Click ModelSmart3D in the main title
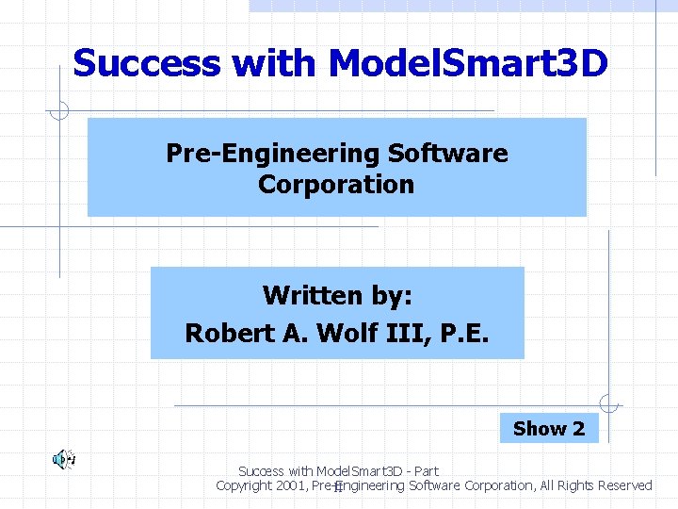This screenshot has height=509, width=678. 468,64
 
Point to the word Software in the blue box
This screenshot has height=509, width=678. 448,153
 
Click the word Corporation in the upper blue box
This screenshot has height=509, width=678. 336,184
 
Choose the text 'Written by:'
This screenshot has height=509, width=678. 337,296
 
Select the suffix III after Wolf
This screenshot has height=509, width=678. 403,334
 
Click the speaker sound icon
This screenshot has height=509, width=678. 63,460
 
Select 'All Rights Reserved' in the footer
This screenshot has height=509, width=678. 597,485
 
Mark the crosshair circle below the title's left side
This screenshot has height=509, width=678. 58,111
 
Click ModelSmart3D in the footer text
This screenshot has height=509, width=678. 346,470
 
